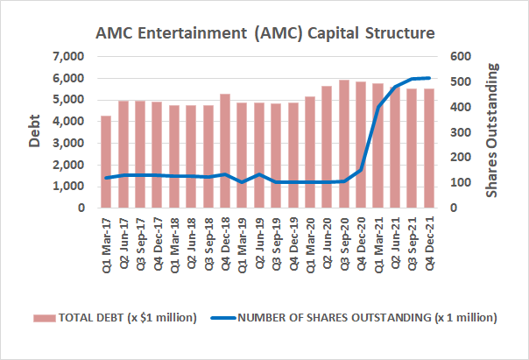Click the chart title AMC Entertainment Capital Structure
click(264, 33)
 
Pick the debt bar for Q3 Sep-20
click(343, 144)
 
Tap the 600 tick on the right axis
click(462, 57)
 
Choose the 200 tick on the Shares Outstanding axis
click(462, 158)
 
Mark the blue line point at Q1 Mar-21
click(377, 107)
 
